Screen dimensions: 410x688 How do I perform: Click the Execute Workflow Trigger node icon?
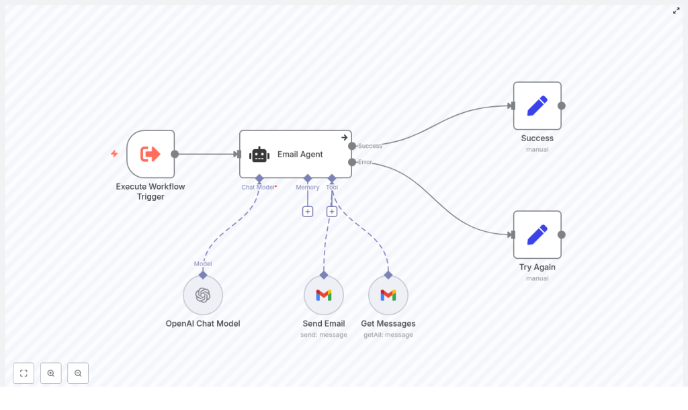[150, 154]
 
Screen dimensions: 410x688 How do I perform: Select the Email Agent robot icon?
[259, 155]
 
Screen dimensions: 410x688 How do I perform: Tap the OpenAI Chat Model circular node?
[203, 295]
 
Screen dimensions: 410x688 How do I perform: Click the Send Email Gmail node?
[324, 295]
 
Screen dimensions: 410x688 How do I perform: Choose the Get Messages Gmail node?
[388, 295]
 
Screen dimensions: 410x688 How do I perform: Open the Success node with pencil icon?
[537, 106]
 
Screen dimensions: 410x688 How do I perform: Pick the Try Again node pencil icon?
[537, 235]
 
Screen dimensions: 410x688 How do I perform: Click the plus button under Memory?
[308, 211]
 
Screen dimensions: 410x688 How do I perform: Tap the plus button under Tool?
[332, 211]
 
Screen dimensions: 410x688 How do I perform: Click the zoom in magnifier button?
[51, 373]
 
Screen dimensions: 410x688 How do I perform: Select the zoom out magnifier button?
[78, 373]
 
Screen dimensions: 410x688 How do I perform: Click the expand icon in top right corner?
[677, 10]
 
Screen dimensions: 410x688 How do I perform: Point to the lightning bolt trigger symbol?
[114, 154]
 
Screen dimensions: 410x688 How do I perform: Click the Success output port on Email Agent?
[352, 146]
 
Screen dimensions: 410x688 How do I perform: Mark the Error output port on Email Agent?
[352, 162]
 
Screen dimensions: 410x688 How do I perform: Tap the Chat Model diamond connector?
[259, 178]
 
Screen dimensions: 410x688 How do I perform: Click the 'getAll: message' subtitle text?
[388, 335]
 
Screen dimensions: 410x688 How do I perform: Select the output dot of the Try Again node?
[562, 235]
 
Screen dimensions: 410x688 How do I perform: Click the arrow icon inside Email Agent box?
[345, 137]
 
